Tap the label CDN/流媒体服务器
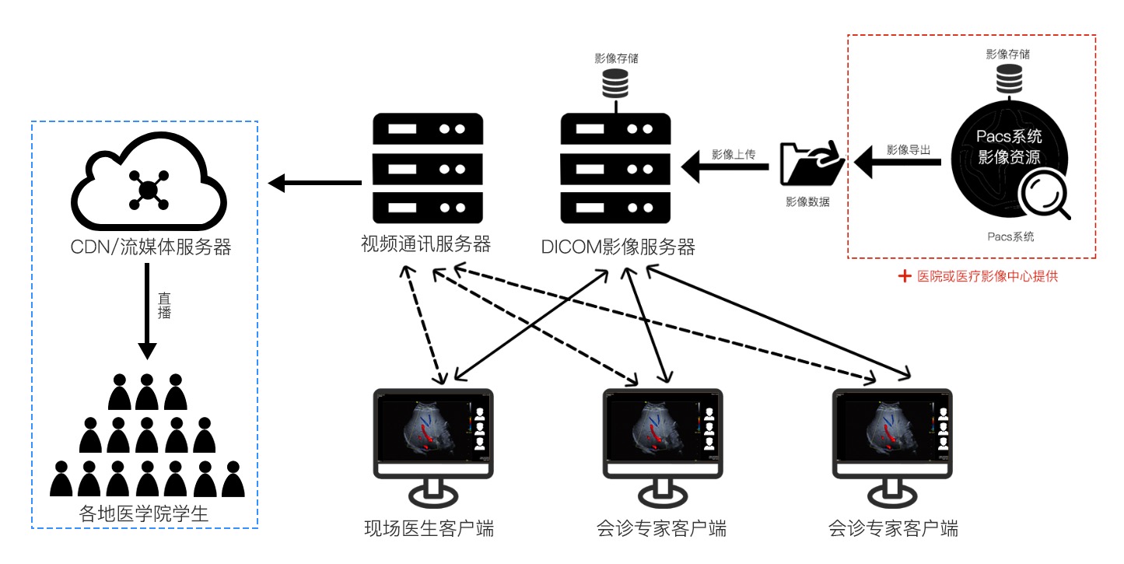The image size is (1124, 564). pos(148,247)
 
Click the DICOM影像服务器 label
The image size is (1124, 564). pos(618,247)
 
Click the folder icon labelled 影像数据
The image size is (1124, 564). pos(811,163)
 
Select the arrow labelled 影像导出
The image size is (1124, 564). pos(898,163)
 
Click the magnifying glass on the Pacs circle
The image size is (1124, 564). pos(1044,195)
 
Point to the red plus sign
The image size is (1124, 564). pos(904,276)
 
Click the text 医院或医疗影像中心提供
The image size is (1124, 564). pos(988,276)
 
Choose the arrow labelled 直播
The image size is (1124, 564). pos(148,311)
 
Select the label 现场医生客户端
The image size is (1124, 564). pos(429,529)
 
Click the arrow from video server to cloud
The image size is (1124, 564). pos(315,184)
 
